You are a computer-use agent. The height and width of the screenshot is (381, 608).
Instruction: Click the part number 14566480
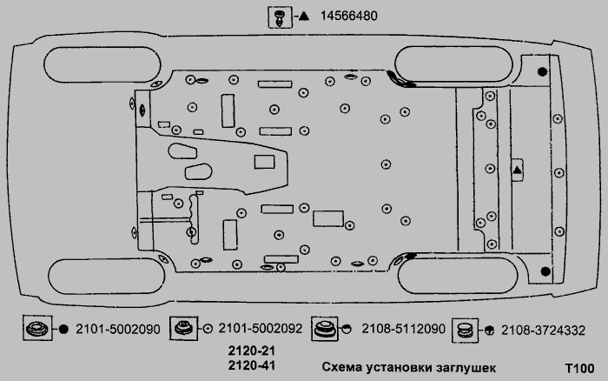348,16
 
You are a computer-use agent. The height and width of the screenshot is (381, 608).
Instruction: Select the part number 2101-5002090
117,330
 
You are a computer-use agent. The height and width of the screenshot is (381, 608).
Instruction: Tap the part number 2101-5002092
261,329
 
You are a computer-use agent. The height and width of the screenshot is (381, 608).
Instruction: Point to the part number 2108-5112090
403,329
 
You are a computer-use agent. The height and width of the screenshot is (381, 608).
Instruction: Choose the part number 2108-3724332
543,331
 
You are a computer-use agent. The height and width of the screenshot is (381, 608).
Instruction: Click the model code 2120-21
252,351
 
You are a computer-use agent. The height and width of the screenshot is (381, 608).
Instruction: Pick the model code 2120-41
252,365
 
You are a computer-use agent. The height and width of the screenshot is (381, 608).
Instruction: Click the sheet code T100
579,368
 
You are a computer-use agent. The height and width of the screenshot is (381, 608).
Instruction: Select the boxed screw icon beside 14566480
280,17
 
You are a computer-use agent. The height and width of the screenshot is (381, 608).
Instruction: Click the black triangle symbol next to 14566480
304,17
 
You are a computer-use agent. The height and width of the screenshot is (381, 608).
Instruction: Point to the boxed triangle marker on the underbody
518,170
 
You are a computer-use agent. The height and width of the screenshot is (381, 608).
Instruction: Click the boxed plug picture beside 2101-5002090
37,328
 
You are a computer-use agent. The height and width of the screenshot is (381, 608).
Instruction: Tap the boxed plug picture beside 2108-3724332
465,331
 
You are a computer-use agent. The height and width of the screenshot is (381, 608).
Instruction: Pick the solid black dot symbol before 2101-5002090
63,330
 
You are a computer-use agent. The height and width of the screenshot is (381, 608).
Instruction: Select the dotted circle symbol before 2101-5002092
208,329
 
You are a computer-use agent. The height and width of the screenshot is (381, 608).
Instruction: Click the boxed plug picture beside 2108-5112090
325,329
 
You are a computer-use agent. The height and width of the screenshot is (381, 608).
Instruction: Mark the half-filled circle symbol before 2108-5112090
347,329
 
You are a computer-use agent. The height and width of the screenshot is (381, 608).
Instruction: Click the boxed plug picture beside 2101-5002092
184,328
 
